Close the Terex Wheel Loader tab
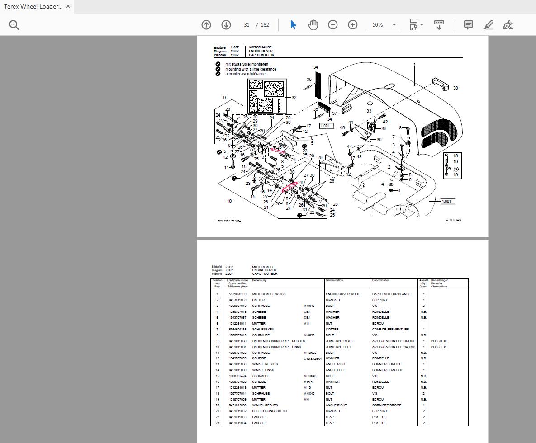(x=68, y=6)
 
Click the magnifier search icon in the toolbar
(x=14, y=25)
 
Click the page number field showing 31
(x=247, y=25)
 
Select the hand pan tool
(x=313, y=25)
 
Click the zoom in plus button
(x=352, y=25)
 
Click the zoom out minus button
(x=332, y=25)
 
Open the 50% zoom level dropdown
(x=394, y=25)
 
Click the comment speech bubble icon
(x=469, y=25)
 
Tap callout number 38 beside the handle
(x=455, y=88)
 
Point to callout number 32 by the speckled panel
(x=294, y=97)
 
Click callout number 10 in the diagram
(x=229, y=201)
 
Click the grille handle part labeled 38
(x=439, y=84)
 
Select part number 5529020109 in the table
(x=237, y=294)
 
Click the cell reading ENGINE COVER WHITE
(x=343, y=294)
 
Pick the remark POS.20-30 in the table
(x=439, y=341)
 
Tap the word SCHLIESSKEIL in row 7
(x=263, y=329)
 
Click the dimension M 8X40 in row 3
(x=309, y=306)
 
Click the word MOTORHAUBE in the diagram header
(x=260, y=47)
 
